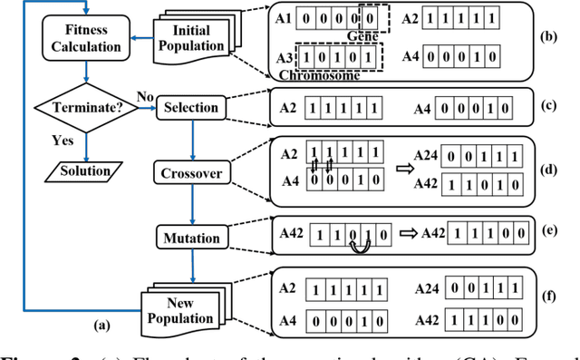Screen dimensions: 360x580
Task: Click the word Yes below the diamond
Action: [x=62, y=141]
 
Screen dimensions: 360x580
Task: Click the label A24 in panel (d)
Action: [x=424, y=155]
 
